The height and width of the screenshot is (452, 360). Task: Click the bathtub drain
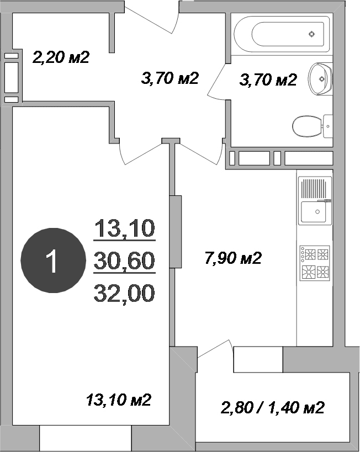tap(311, 34)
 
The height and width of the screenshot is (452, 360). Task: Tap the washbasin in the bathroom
tap(320, 79)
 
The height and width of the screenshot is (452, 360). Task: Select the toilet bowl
tap(307, 126)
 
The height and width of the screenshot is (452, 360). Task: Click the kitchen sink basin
tap(314, 212)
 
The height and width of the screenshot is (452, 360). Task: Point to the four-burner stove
tap(314, 263)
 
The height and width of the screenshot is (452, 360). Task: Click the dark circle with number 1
tap(54, 260)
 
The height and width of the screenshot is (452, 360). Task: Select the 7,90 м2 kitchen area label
tap(233, 258)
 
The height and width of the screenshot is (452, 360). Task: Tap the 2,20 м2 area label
tap(61, 57)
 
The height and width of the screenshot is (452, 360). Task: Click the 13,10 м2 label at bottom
tap(119, 400)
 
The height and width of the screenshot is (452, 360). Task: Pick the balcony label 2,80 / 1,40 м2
tap(273, 408)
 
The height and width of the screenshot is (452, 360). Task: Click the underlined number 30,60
tap(125, 261)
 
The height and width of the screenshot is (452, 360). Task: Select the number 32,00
tap(124, 294)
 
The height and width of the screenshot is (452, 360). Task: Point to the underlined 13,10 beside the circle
tap(125, 228)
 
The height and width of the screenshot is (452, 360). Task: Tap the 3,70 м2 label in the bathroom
tap(268, 79)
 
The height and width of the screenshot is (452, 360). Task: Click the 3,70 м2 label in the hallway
tap(170, 78)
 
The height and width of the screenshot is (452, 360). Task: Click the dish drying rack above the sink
tap(314, 189)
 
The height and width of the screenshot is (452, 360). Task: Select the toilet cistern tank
tap(327, 126)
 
